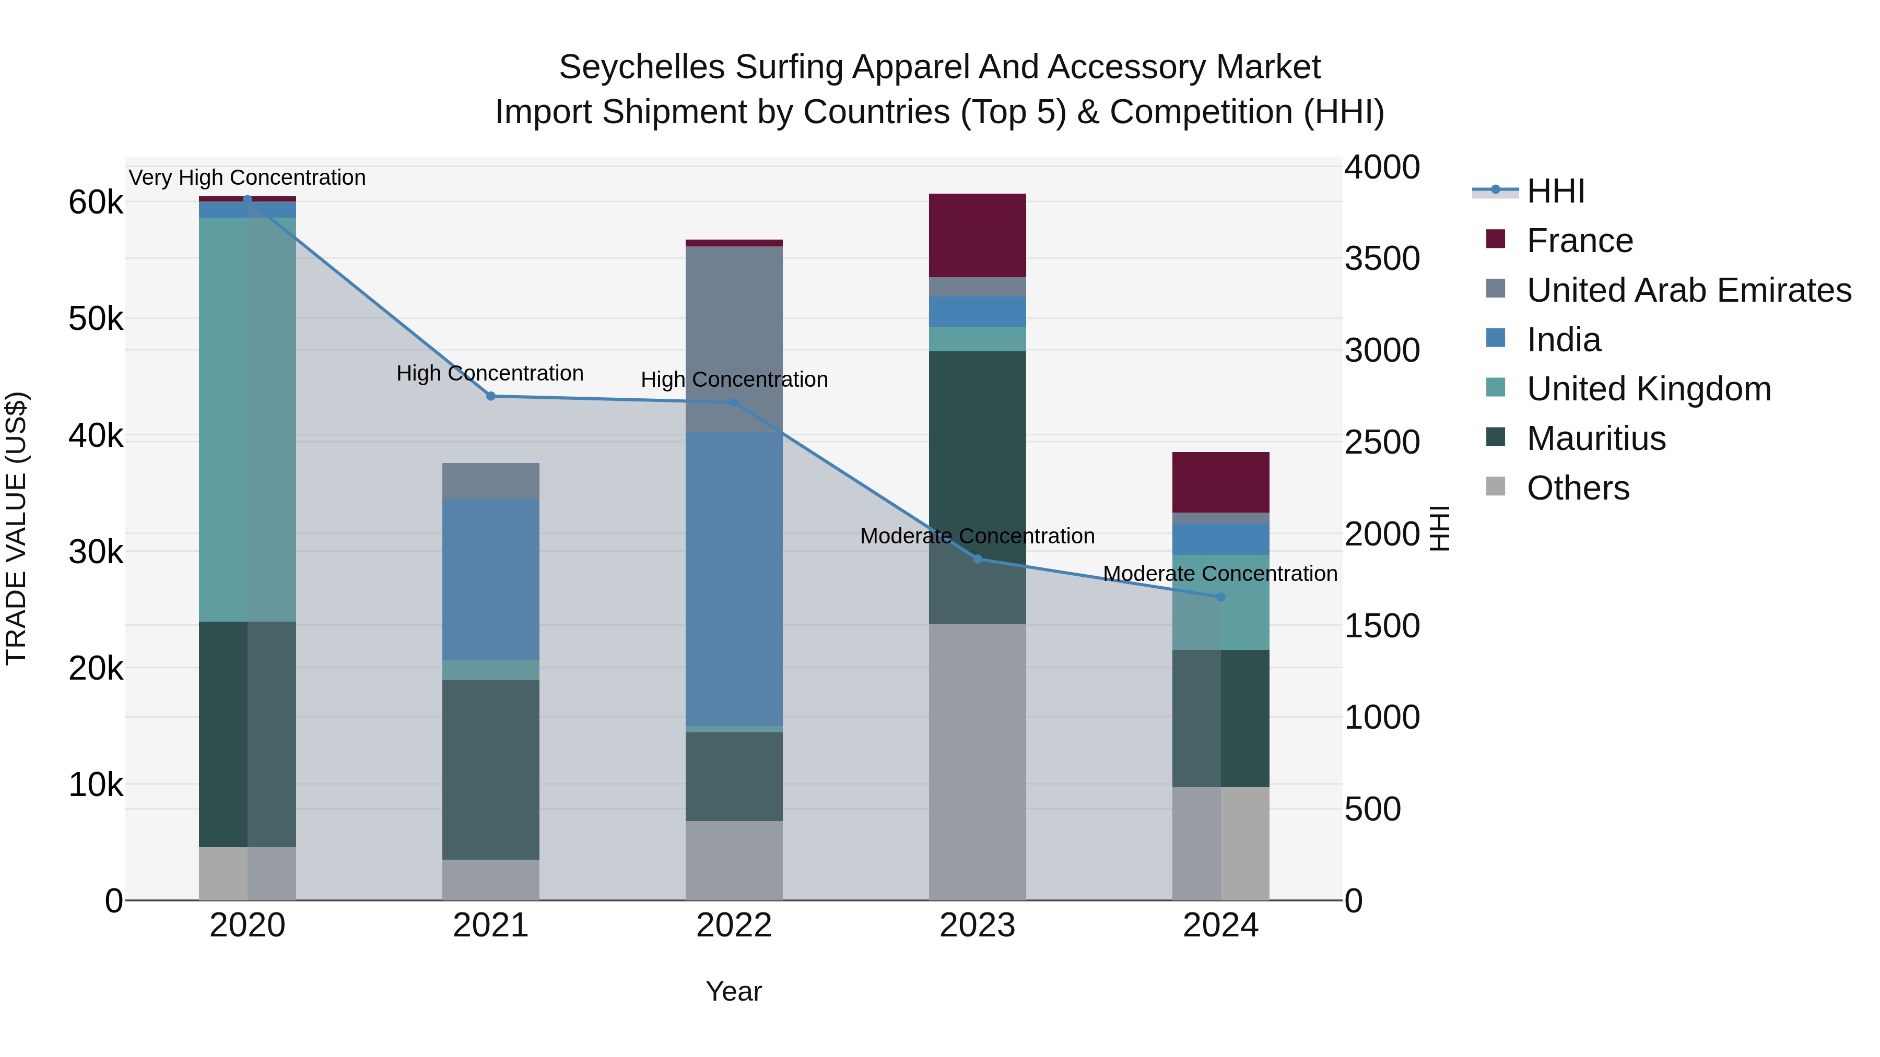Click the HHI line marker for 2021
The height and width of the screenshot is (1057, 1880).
tap(490, 396)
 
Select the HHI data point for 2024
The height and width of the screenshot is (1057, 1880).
tap(1220, 597)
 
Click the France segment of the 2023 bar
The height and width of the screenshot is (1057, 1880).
tap(977, 235)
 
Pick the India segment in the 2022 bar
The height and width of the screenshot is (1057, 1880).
tap(734, 578)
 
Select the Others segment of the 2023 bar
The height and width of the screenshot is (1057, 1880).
tap(977, 761)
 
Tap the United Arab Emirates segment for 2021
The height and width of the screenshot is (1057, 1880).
tap(490, 481)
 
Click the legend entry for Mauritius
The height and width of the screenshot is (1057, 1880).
tap(1595, 438)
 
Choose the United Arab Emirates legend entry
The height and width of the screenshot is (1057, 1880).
tap(1688, 290)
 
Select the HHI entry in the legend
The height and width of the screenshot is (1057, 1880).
tap(1555, 191)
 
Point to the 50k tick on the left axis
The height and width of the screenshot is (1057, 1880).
tap(96, 319)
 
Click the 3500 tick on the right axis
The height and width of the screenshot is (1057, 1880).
tap(1381, 258)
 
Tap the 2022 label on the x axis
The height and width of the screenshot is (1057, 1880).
tap(734, 925)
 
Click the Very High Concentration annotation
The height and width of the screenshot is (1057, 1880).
tap(248, 177)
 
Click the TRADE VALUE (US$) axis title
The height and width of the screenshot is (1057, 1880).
tap(16, 528)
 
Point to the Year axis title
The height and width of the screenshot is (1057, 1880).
tap(734, 991)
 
